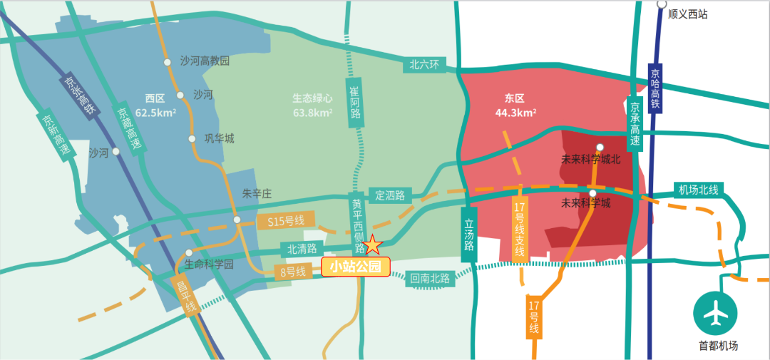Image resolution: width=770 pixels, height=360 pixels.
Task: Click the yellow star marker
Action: point(373,245)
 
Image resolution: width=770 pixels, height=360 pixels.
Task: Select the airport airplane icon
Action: point(716,313)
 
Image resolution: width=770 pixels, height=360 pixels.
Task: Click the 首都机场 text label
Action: point(718,346)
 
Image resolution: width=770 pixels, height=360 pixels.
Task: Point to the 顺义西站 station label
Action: point(688,14)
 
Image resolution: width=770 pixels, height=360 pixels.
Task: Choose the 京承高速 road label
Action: point(635,123)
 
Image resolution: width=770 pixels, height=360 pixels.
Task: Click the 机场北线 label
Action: point(699,190)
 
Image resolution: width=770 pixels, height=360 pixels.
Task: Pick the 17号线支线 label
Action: point(520,229)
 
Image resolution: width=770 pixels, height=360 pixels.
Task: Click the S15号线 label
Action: point(285,222)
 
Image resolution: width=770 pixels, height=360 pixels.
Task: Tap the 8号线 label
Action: point(292,272)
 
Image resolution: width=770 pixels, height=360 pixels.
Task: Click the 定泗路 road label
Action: point(389,195)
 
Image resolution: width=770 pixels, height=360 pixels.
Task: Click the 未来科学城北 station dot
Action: point(600,148)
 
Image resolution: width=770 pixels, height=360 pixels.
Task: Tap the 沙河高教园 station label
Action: point(205,61)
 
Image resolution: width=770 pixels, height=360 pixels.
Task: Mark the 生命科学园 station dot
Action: point(189,252)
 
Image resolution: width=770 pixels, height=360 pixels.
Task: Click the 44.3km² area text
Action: point(515,113)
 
